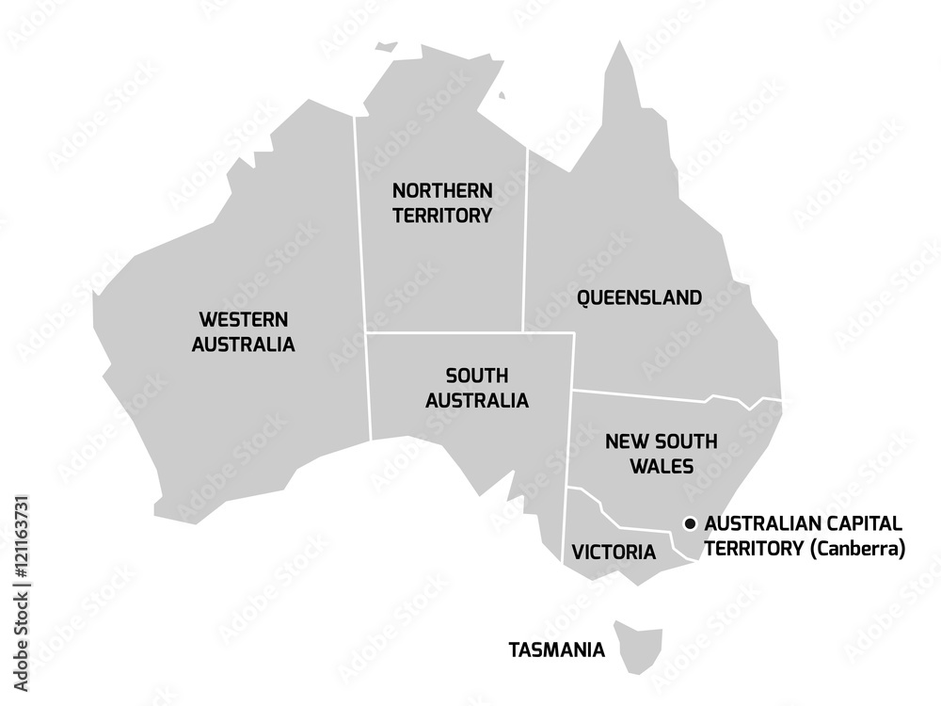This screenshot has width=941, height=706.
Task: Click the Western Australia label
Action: pos(243,332)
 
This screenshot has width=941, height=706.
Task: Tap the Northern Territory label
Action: pos(442,202)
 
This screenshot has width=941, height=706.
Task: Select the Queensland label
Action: pos(639,298)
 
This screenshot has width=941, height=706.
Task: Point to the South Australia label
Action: pos(476,388)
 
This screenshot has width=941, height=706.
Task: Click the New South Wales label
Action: pos(661,453)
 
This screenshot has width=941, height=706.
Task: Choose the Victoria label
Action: pos(614,553)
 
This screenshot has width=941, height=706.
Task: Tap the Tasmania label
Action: pos(556,650)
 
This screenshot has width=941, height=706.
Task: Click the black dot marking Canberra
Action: pos(690,523)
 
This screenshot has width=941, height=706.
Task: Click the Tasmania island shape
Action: pos(640,645)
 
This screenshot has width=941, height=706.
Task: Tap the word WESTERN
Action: pos(243,320)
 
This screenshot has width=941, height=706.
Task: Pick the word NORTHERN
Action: pos(442,190)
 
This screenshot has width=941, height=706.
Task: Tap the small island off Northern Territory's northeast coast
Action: pos(502,94)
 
